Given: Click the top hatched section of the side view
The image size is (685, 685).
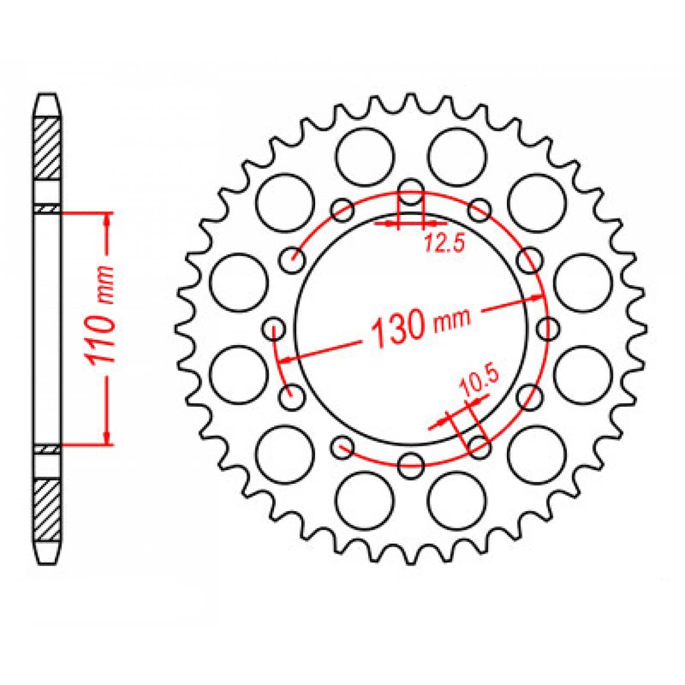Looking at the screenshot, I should click(47, 148).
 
